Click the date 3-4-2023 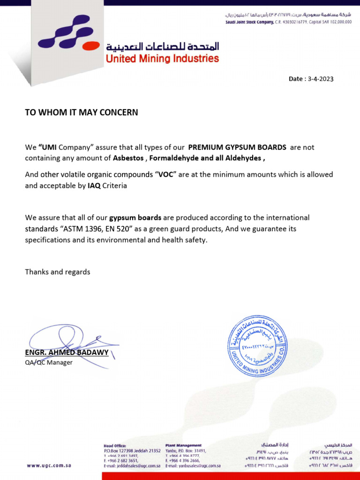click(321, 79)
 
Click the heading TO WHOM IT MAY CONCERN click(82, 112)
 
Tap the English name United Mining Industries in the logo click(162, 59)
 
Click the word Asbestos click(128, 158)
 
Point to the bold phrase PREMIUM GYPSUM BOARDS click(237, 147)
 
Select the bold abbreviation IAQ click(94, 186)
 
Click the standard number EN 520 click(124, 229)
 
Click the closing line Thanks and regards click(58, 272)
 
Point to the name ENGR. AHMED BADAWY click(67, 352)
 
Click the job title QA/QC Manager click(49, 362)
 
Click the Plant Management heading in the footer click(183, 445)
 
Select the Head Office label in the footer click(115, 445)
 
